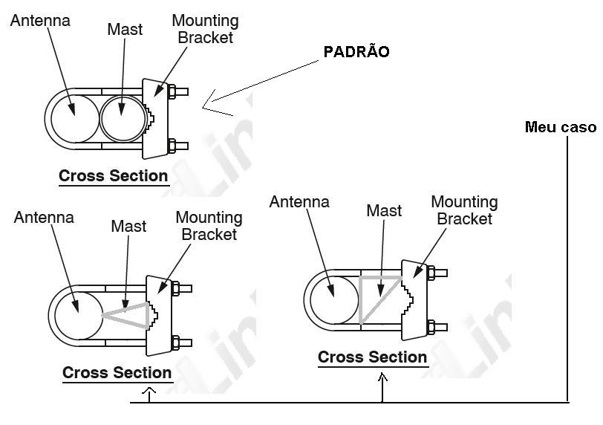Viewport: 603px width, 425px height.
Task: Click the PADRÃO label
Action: tap(356, 52)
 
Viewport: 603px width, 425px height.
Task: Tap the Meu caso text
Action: tap(561, 127)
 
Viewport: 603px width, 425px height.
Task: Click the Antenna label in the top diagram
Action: tap(40, 21)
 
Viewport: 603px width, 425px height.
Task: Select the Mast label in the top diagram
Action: tap(125, 30)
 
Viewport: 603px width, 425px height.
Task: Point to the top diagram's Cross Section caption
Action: tap(113, 176)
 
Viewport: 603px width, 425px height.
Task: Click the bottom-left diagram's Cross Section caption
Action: tap(117, 372)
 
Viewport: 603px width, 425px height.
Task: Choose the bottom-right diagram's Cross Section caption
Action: tap(372, 357)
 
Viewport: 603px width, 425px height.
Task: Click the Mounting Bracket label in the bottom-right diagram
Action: tap(464, 210)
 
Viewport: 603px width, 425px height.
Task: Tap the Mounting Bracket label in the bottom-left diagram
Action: tap(209, 226)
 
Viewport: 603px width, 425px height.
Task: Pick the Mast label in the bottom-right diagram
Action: tap(384, 211)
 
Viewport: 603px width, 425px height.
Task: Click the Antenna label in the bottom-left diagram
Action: tap(44, 217)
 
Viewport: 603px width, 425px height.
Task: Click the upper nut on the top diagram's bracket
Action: tap(172, 92)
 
